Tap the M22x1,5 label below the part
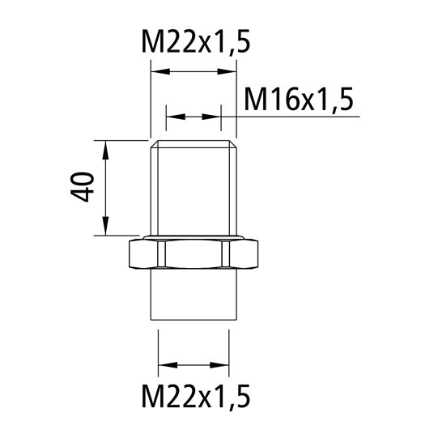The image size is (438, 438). (193, 397)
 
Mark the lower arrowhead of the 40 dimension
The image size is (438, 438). (106, 228)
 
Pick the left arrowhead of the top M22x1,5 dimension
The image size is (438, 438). (157, 73)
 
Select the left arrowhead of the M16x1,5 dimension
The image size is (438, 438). (172, 117)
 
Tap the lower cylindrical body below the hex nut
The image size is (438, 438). (193, 296)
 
